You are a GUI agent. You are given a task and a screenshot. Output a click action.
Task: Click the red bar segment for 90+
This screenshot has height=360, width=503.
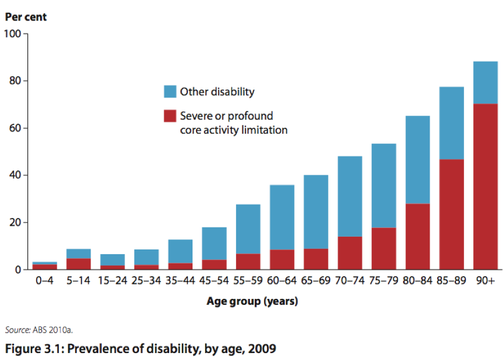tap(485, 186)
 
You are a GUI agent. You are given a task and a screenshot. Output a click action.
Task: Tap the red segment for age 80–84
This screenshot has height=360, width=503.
tap(418, 236)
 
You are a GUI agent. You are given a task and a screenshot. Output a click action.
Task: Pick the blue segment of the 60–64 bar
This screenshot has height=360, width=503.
tap(281, 217)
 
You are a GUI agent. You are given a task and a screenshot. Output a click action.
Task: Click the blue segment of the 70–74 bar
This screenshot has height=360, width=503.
tap(349, 196)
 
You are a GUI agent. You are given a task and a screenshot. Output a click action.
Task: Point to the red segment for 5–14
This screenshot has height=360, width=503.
tap(78, 263)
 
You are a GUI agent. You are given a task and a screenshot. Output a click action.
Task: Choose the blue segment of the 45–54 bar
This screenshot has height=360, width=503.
tap(213, 243)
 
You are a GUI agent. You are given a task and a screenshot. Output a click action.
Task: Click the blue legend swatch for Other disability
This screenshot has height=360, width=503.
tap(170, 92)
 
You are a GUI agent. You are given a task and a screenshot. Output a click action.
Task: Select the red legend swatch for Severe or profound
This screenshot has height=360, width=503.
tap(170, 116)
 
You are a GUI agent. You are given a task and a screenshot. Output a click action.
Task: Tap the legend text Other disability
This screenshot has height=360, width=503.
tap(217, 92)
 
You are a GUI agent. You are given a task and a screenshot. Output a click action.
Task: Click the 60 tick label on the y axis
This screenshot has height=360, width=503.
tap(13, 128)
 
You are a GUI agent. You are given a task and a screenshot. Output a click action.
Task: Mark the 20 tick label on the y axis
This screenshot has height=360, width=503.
tap(13, 223)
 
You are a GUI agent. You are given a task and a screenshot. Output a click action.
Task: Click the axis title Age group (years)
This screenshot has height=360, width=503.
tap(252, 301)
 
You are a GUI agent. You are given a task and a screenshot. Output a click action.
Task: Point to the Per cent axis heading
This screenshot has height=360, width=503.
tap(26, 17)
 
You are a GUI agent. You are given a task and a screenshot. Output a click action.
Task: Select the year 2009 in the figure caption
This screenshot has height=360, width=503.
tap(258, 349)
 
